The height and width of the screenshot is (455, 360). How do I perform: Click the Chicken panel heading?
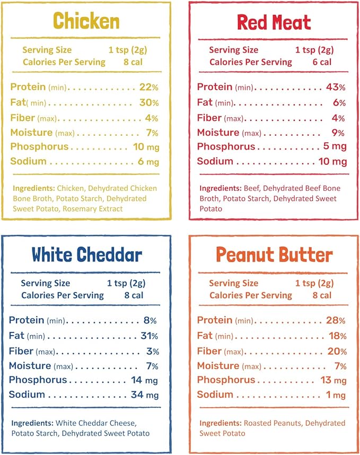click(x=86, y=21)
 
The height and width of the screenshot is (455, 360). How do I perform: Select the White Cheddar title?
click(x=86, y=255)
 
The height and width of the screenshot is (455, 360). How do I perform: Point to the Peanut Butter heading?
click(x=274, y=255)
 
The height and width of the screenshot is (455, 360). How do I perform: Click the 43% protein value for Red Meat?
click(x=335, y=87)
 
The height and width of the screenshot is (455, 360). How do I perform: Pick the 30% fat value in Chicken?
click(x=148, y=102)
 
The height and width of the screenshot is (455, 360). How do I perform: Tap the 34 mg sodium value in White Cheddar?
click(x=144, y=395)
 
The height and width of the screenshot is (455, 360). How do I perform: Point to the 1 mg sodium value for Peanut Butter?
click(x=338, y=395)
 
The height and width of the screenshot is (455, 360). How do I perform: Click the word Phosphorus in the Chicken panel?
click(x=39, y=147)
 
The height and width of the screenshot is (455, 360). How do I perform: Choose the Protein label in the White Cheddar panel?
click(x=27, y=320)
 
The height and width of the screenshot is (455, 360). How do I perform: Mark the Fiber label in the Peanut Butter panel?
click(x=209, y=351)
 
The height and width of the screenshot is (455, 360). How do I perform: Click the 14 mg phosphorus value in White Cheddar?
click(x=144, y=380)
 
